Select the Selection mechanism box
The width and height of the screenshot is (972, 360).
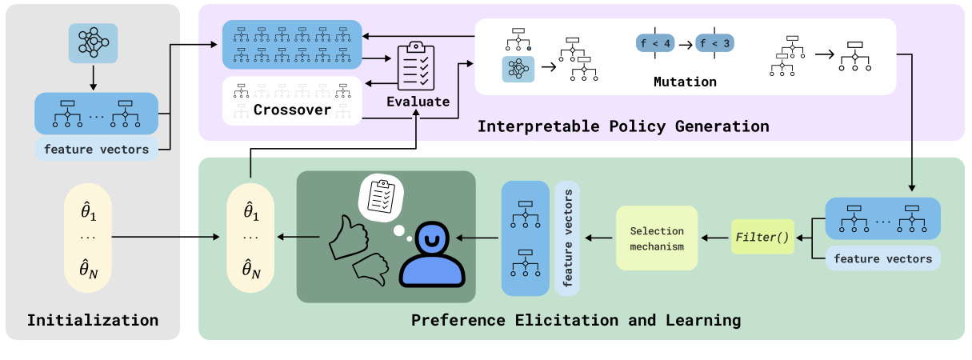(657, 238)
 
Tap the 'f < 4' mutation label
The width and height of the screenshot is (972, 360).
(655, 43)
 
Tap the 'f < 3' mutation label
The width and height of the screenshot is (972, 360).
(714, 43)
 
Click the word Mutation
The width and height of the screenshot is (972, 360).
(685, 82)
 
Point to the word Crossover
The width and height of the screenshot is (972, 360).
(292, 110)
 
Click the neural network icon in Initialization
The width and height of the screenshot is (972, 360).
(93, 42)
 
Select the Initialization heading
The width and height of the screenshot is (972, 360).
(93, 321)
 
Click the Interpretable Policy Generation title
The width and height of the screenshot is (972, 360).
(623, 126)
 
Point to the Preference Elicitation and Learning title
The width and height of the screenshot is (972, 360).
(576, 321)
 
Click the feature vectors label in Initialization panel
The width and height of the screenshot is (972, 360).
(96, 149)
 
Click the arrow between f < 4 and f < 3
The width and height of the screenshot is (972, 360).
(685, 43)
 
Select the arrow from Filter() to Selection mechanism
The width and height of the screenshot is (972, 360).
(714, 238)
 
